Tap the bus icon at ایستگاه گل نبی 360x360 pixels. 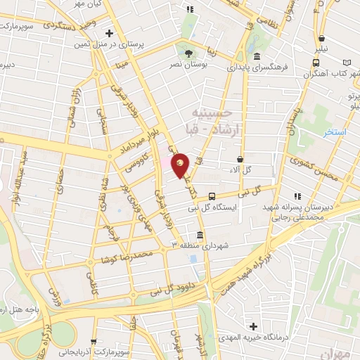coord(212,197)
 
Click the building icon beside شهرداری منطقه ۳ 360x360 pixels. coord(201,235)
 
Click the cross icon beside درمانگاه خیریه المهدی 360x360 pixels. coord(254,326)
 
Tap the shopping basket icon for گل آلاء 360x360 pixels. coord(240,160)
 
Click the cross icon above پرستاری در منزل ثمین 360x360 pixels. coord(109,32)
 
